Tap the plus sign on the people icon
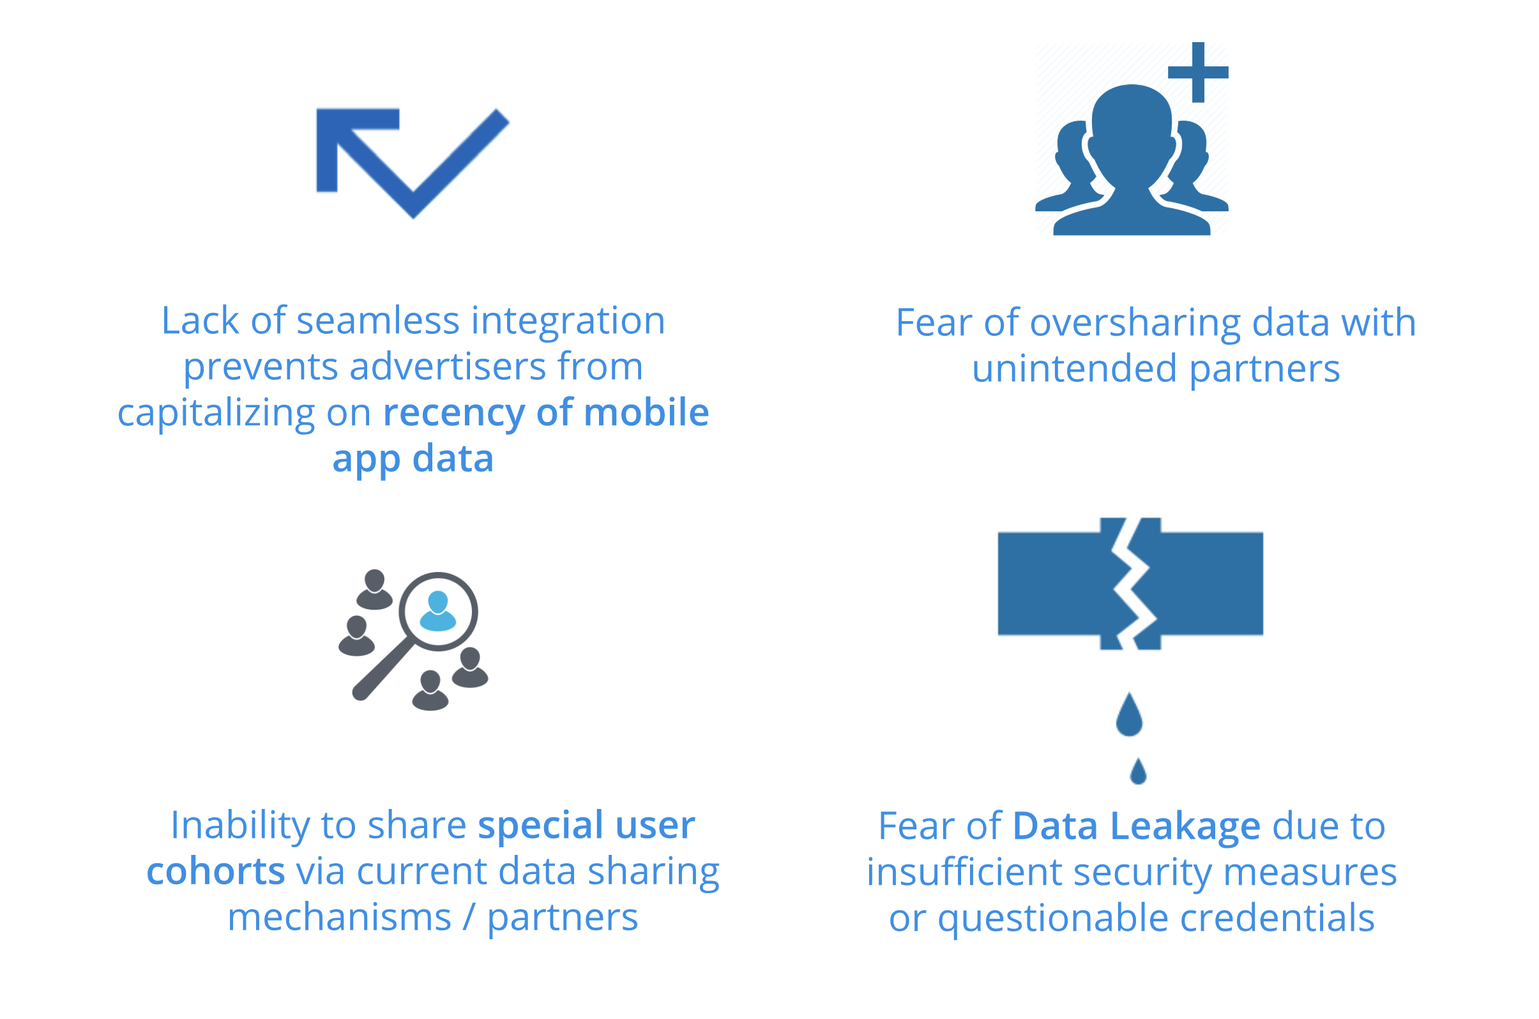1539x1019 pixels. point(1198,72)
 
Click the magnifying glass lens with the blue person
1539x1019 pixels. point(438,612)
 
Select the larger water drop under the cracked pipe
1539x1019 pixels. point(1130,714)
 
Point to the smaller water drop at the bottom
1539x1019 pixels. point(1138,771)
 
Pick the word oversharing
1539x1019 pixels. point(1135,323)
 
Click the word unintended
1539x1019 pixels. point(1074,369)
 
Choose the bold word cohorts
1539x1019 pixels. point(216,872)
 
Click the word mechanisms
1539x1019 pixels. point(339,917)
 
